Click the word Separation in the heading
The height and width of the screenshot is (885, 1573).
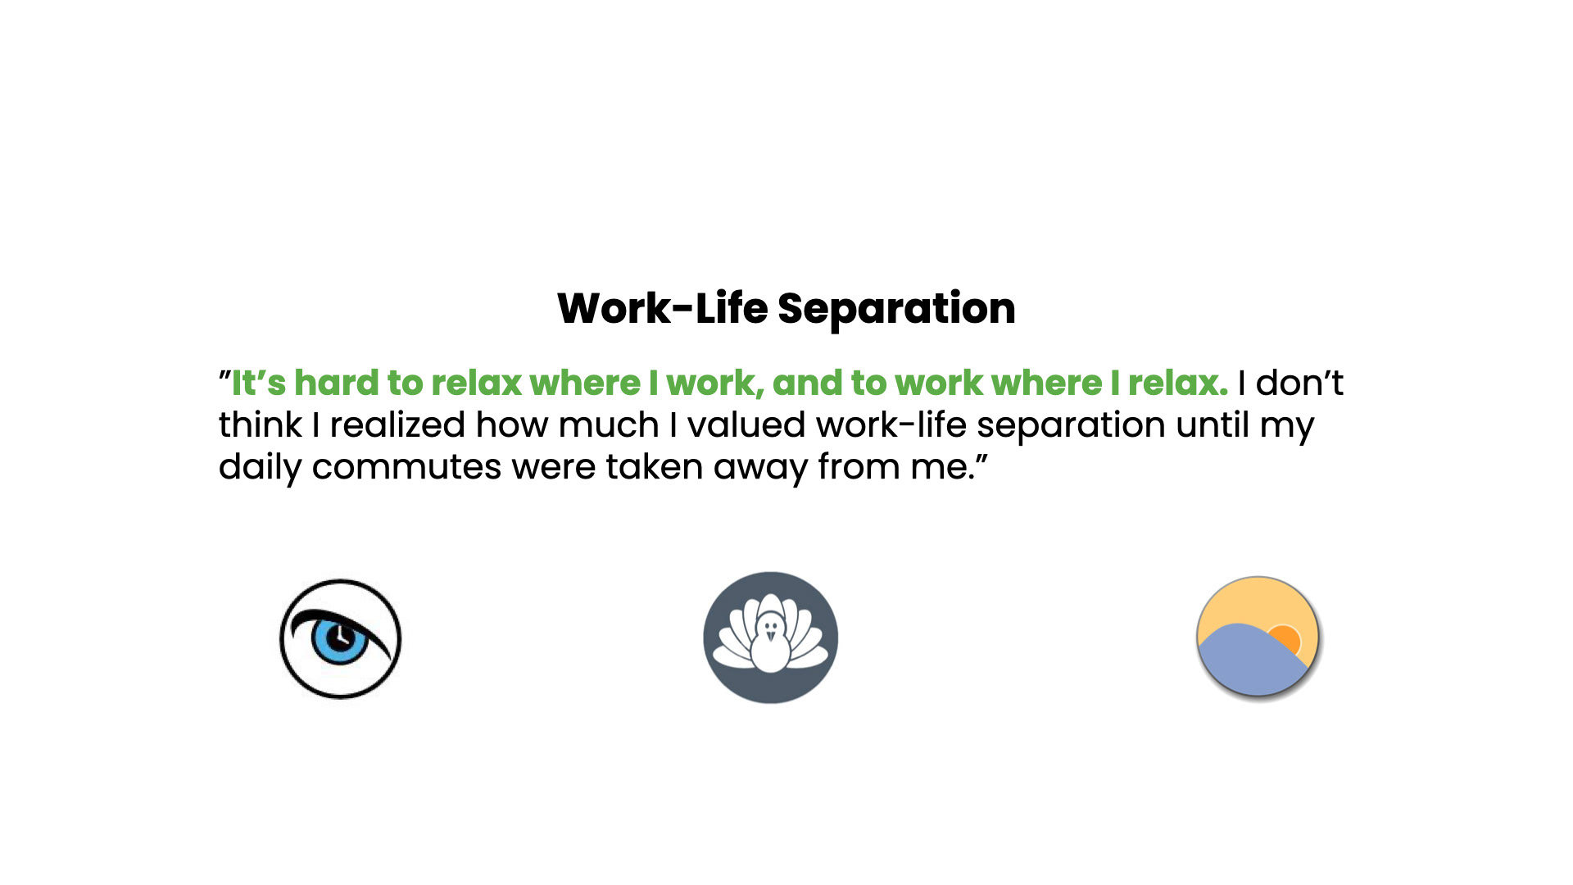896,310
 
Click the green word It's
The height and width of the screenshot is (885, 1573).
259,383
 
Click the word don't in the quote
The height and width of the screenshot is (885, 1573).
1299,383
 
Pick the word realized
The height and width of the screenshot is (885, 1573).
397,424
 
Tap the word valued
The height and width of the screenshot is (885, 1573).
746,424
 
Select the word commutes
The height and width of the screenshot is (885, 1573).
406,467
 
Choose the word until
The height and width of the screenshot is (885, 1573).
1213,424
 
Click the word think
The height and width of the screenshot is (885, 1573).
261,424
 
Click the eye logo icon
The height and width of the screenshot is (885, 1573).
340,639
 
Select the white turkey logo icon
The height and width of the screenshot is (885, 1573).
770,638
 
